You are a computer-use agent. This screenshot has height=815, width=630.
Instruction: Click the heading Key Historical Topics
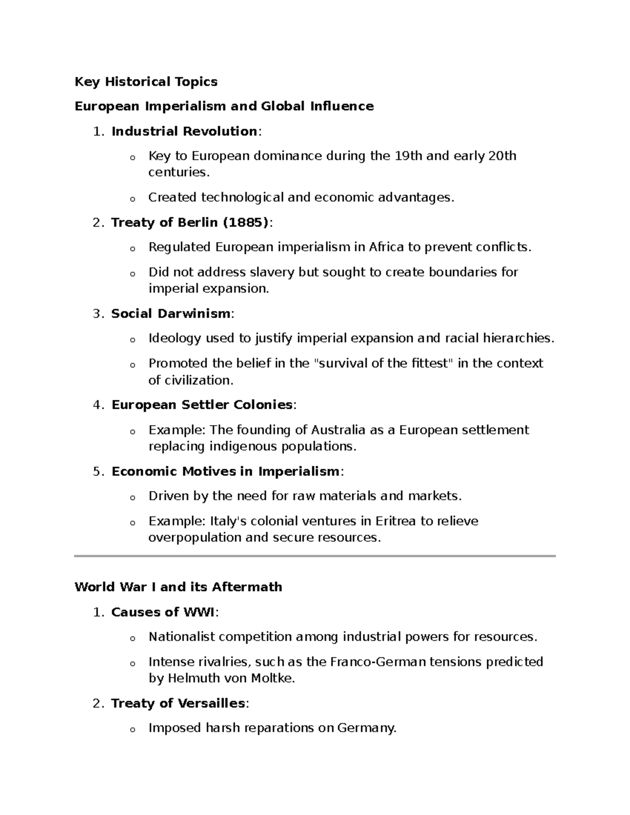click(x=146, y=82)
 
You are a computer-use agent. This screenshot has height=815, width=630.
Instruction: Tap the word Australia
click(x=338, y=430)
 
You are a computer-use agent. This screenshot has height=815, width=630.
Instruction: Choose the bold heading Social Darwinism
click(x=171, y=314)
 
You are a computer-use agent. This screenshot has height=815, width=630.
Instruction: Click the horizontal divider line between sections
click(x=315, y=556)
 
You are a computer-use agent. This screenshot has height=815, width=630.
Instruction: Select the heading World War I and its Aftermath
click(x=178, y=587)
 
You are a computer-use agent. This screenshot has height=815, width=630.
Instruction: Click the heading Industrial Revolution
click(x=184, y=131)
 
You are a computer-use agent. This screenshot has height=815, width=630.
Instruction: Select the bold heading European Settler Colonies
click(x=202, y=405)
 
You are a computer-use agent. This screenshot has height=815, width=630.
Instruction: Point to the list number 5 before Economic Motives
click(x=96, y=472)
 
